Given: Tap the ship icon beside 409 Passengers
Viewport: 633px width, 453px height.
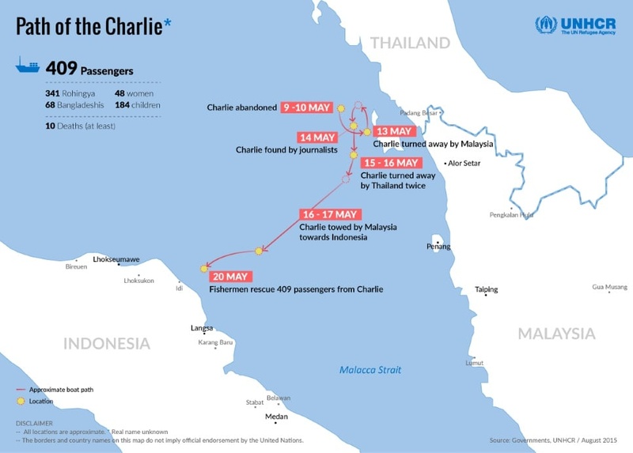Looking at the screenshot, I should tap(28, 68).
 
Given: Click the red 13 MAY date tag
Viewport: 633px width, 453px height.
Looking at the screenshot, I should tap(393, 131).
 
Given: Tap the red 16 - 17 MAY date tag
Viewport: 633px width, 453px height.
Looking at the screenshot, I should tap(330, 214).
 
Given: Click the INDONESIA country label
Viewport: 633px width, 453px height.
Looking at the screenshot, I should tap(107, 344).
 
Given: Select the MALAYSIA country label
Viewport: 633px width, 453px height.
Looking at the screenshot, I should tap(556, 334).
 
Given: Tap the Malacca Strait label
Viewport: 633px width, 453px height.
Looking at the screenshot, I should tap(370, 369).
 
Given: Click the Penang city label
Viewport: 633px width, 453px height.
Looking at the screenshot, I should tap(438, 247).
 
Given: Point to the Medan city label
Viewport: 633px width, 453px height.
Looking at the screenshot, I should tap(276, 417).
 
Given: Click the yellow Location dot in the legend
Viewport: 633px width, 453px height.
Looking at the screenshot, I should tap(21, 402).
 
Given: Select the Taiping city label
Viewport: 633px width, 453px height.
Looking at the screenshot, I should tap(487, 289).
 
